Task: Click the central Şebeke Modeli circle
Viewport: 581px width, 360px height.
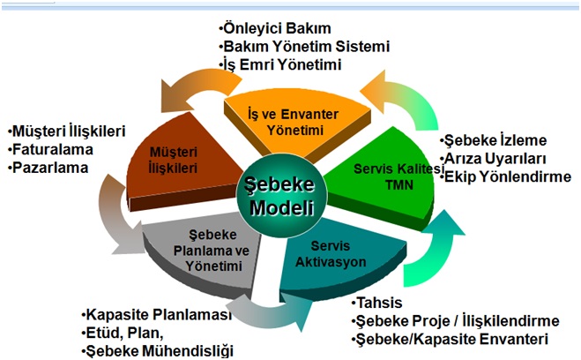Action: pyautogui.click(x=281, y=197)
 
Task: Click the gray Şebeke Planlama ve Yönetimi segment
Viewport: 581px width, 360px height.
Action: pyautogui.click(x=207, y=252)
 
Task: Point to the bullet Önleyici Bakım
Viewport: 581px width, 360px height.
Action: pyautogui.click(x=275, y=28)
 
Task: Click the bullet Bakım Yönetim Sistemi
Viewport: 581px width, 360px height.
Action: pyautogui.click(x=304, y=47)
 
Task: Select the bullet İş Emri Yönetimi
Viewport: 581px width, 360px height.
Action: pyautogui.click(x=280, y=64)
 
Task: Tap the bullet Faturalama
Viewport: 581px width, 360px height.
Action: pyautogui.click(x=50, y=149)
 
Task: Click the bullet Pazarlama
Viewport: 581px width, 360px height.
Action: pyautogui.click(x=48, y=168)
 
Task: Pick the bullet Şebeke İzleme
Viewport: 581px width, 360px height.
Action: pyautogui.click(x=493, y=140)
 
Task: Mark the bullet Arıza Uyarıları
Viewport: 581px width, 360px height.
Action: pyautogui.click(x=493, y=159)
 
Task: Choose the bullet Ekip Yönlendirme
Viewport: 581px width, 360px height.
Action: pyautogui.click(x=505, y=176)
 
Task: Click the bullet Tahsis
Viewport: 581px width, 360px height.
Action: pyautogui.click(x=376, y=303)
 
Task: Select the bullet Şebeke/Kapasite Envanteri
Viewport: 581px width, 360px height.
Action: pyautogui.click(x=450, y=339)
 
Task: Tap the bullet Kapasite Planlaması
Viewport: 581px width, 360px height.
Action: pyautogui.click(x=157, y=315)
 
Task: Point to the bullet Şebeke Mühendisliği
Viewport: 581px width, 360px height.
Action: pyautogui.click(x=158, y=351)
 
